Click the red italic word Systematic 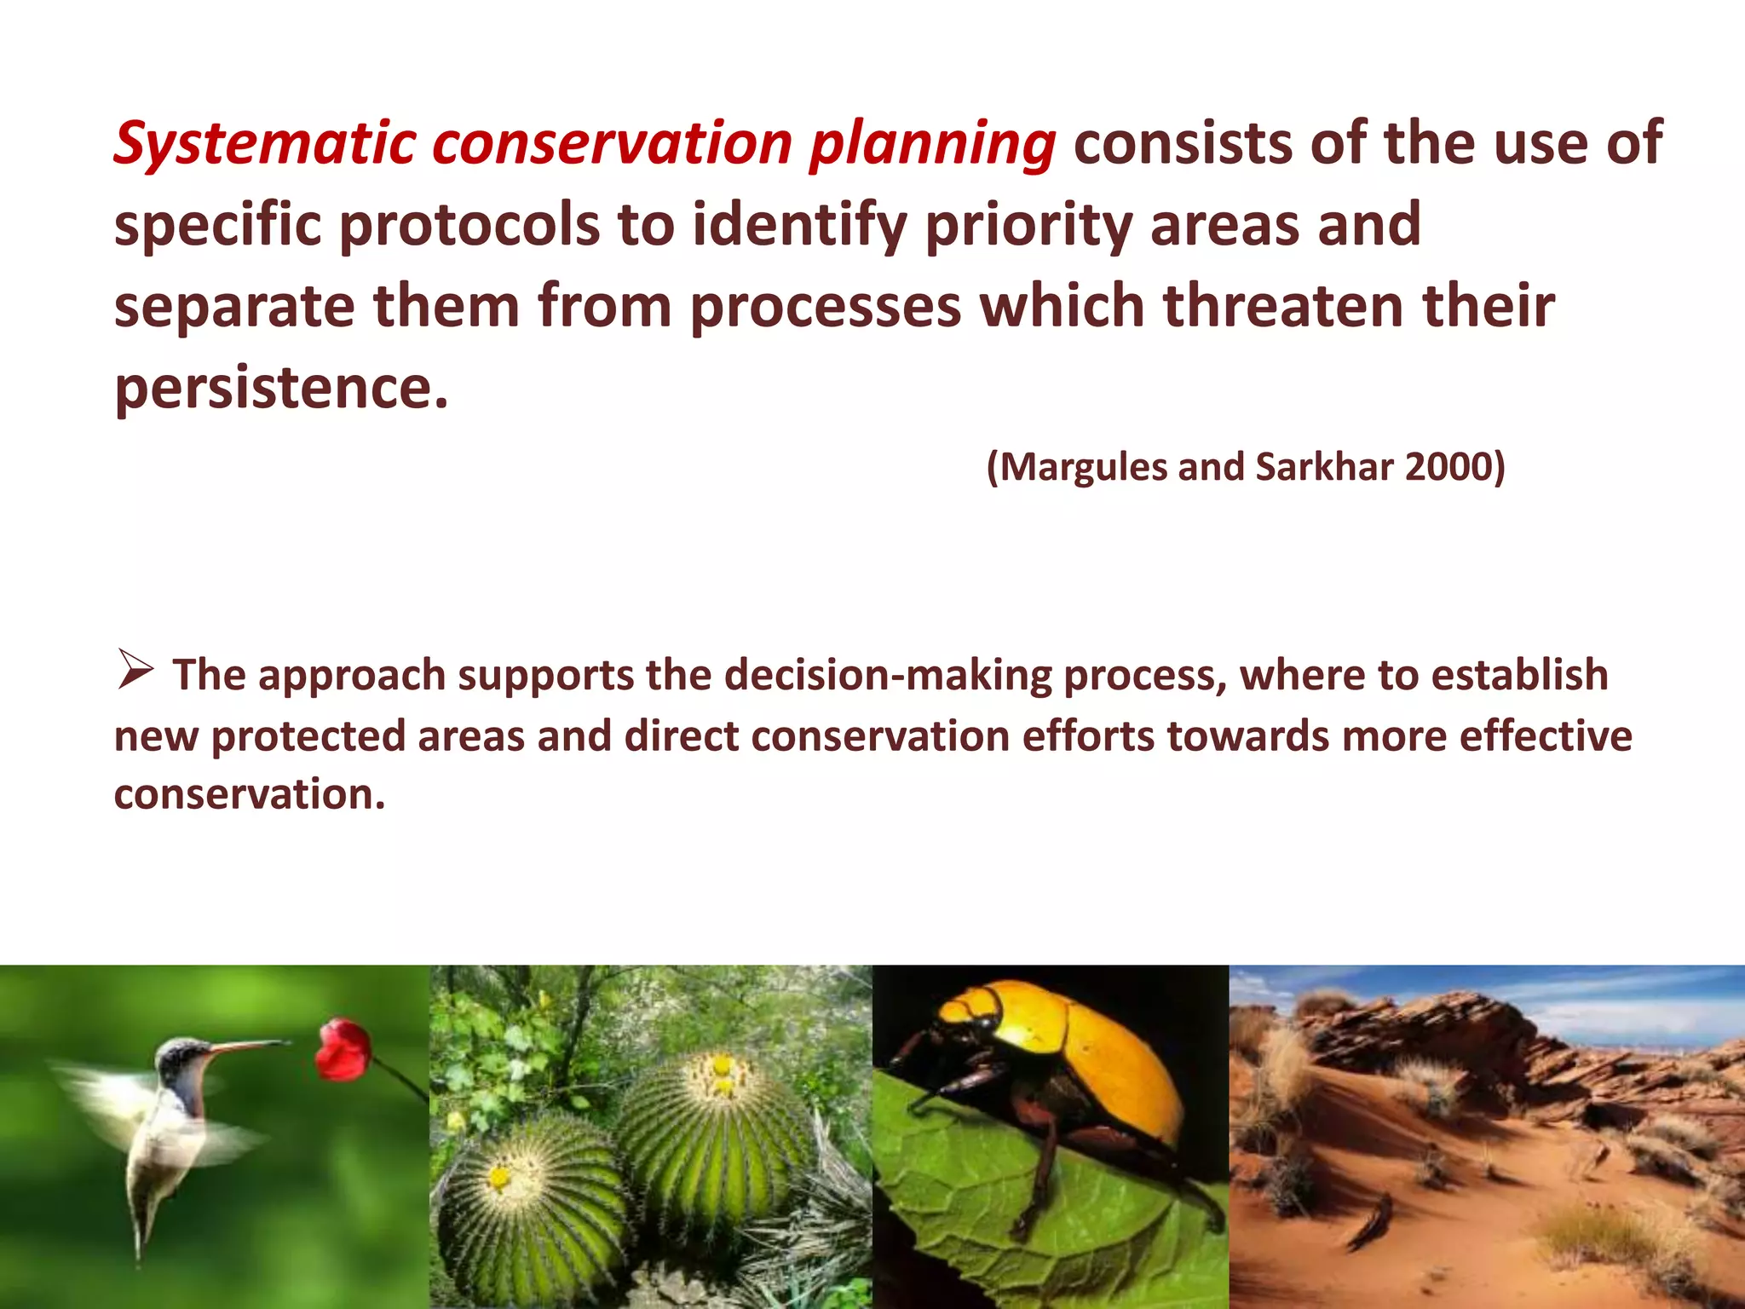click(264, 143)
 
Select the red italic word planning click(932, 143)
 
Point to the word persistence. click(281, 388)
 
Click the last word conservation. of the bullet click(250, 794)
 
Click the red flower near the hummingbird click(343, 1049)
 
